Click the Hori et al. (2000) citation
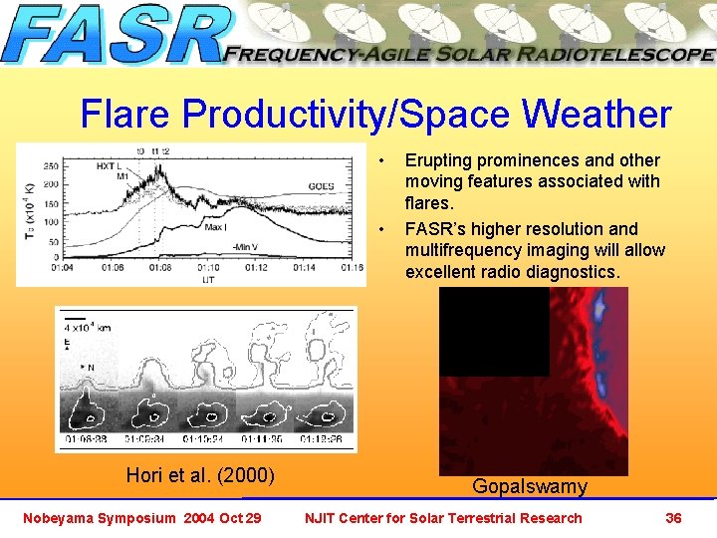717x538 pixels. pos(200,475)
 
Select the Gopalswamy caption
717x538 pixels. pos(529,486)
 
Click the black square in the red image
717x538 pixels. pos(494,331)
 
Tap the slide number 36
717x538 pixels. pos(673,517)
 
